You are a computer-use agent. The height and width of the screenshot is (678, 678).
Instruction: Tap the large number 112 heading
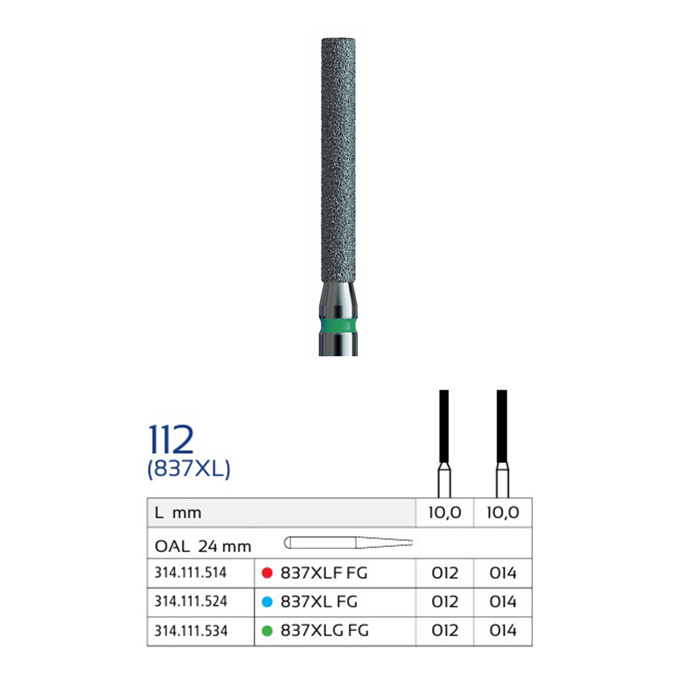171,439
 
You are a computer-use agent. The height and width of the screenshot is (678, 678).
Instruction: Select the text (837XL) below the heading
189,468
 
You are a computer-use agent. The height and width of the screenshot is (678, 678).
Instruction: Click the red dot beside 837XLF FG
267,573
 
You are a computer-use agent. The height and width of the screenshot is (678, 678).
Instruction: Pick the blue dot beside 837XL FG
267,601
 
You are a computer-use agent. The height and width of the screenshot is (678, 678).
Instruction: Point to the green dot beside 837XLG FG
267,631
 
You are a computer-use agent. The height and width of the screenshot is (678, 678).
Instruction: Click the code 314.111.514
191,573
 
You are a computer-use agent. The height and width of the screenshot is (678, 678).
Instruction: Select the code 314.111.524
191,601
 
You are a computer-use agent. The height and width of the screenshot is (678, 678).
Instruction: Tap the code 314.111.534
191,631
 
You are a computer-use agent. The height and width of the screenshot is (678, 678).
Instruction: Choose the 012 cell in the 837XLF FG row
445,573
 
